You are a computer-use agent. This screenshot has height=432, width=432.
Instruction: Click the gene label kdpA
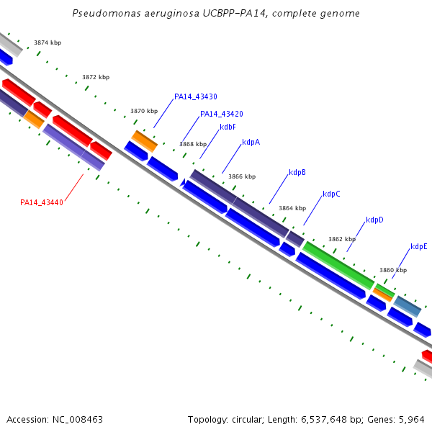tap(251, 142)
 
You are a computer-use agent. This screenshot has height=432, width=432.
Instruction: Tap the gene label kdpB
tap(297, 173)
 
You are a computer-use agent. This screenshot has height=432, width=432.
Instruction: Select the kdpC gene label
tap(331, 194)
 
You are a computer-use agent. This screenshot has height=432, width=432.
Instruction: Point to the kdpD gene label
tap(374, 220)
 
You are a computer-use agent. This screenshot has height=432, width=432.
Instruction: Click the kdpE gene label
tap(418, 246)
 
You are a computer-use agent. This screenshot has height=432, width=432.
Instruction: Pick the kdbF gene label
tap(228, 127)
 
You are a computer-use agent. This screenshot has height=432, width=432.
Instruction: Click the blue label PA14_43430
tap(195, 96)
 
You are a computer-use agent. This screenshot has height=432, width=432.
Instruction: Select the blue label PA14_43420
tap(221, 114)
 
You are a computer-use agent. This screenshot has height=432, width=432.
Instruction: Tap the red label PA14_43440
tap(42, 202)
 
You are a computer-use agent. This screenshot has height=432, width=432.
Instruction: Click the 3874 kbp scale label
tap(48, 43)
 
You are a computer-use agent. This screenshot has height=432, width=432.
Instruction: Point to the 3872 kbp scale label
tap(96, 77)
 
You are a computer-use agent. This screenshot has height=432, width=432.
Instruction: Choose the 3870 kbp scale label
tap(143, 112)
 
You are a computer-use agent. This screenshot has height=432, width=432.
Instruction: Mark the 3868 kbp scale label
tap(192, 144)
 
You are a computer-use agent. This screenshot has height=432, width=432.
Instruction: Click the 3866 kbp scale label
tap(241, 176)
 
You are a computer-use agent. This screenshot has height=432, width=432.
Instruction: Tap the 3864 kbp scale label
tap(292, 208)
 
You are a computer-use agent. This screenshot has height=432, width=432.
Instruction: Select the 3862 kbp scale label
tap(341, 239)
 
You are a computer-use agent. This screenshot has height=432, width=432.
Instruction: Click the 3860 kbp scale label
tap(392, 270)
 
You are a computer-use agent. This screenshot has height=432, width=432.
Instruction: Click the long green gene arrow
tap(337, 265)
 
